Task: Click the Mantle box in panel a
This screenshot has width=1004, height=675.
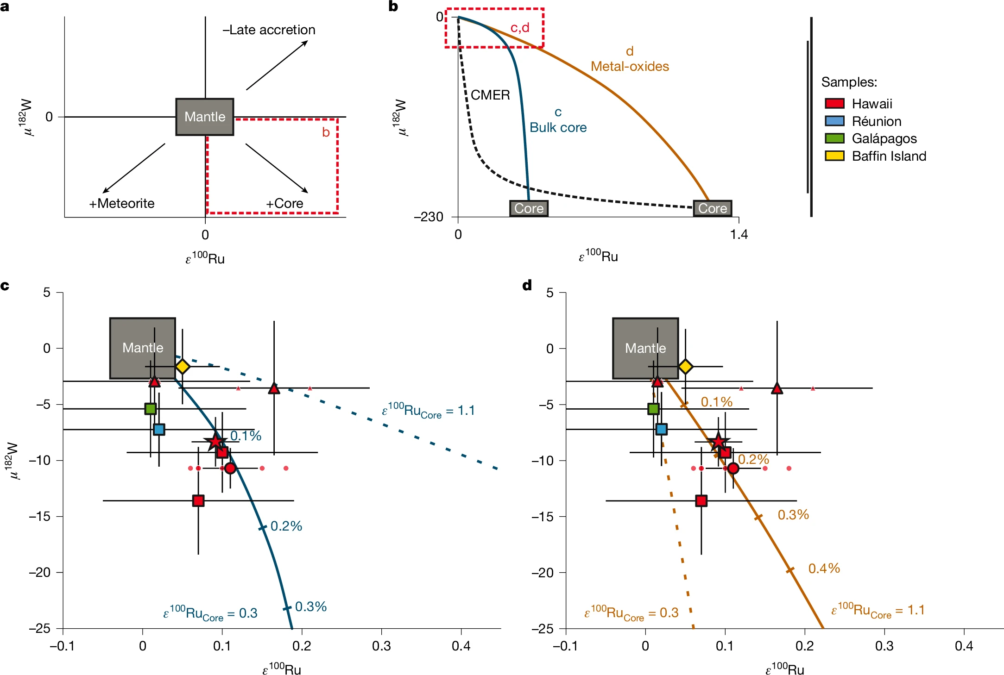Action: tap(204, 117)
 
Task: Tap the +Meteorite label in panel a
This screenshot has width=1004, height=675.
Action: tap(122, 203)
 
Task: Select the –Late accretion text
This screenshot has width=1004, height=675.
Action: tap(269, 30)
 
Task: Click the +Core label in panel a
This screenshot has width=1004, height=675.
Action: tap(284, 203)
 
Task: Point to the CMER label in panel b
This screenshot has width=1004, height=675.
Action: tap(490, 95)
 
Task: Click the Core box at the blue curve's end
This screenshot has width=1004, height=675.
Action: tap(529, 208)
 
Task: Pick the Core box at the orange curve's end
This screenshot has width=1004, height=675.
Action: tap(713, 208)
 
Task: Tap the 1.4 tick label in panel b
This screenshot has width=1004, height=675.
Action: tap(739, 234)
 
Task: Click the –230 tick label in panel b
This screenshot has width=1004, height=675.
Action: tap(429, 217)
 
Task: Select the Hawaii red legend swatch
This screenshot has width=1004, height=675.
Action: tap(834, 103)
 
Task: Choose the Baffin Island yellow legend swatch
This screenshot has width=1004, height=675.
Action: tap(834, 156)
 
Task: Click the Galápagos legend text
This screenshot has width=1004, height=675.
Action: tap(884, 138)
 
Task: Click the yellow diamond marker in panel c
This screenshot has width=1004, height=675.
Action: tap(183, 366)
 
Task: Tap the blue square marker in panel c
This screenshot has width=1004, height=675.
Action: tap(159, 429)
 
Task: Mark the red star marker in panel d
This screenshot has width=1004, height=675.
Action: tap(718, 442)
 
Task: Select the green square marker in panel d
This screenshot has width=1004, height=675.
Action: tap(653, 409)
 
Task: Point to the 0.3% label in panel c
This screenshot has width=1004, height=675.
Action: tap(311, 606)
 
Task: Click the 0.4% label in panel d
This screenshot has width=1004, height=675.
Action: tap(824, 569)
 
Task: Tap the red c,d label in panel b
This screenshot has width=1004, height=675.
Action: tap(519, 28)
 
